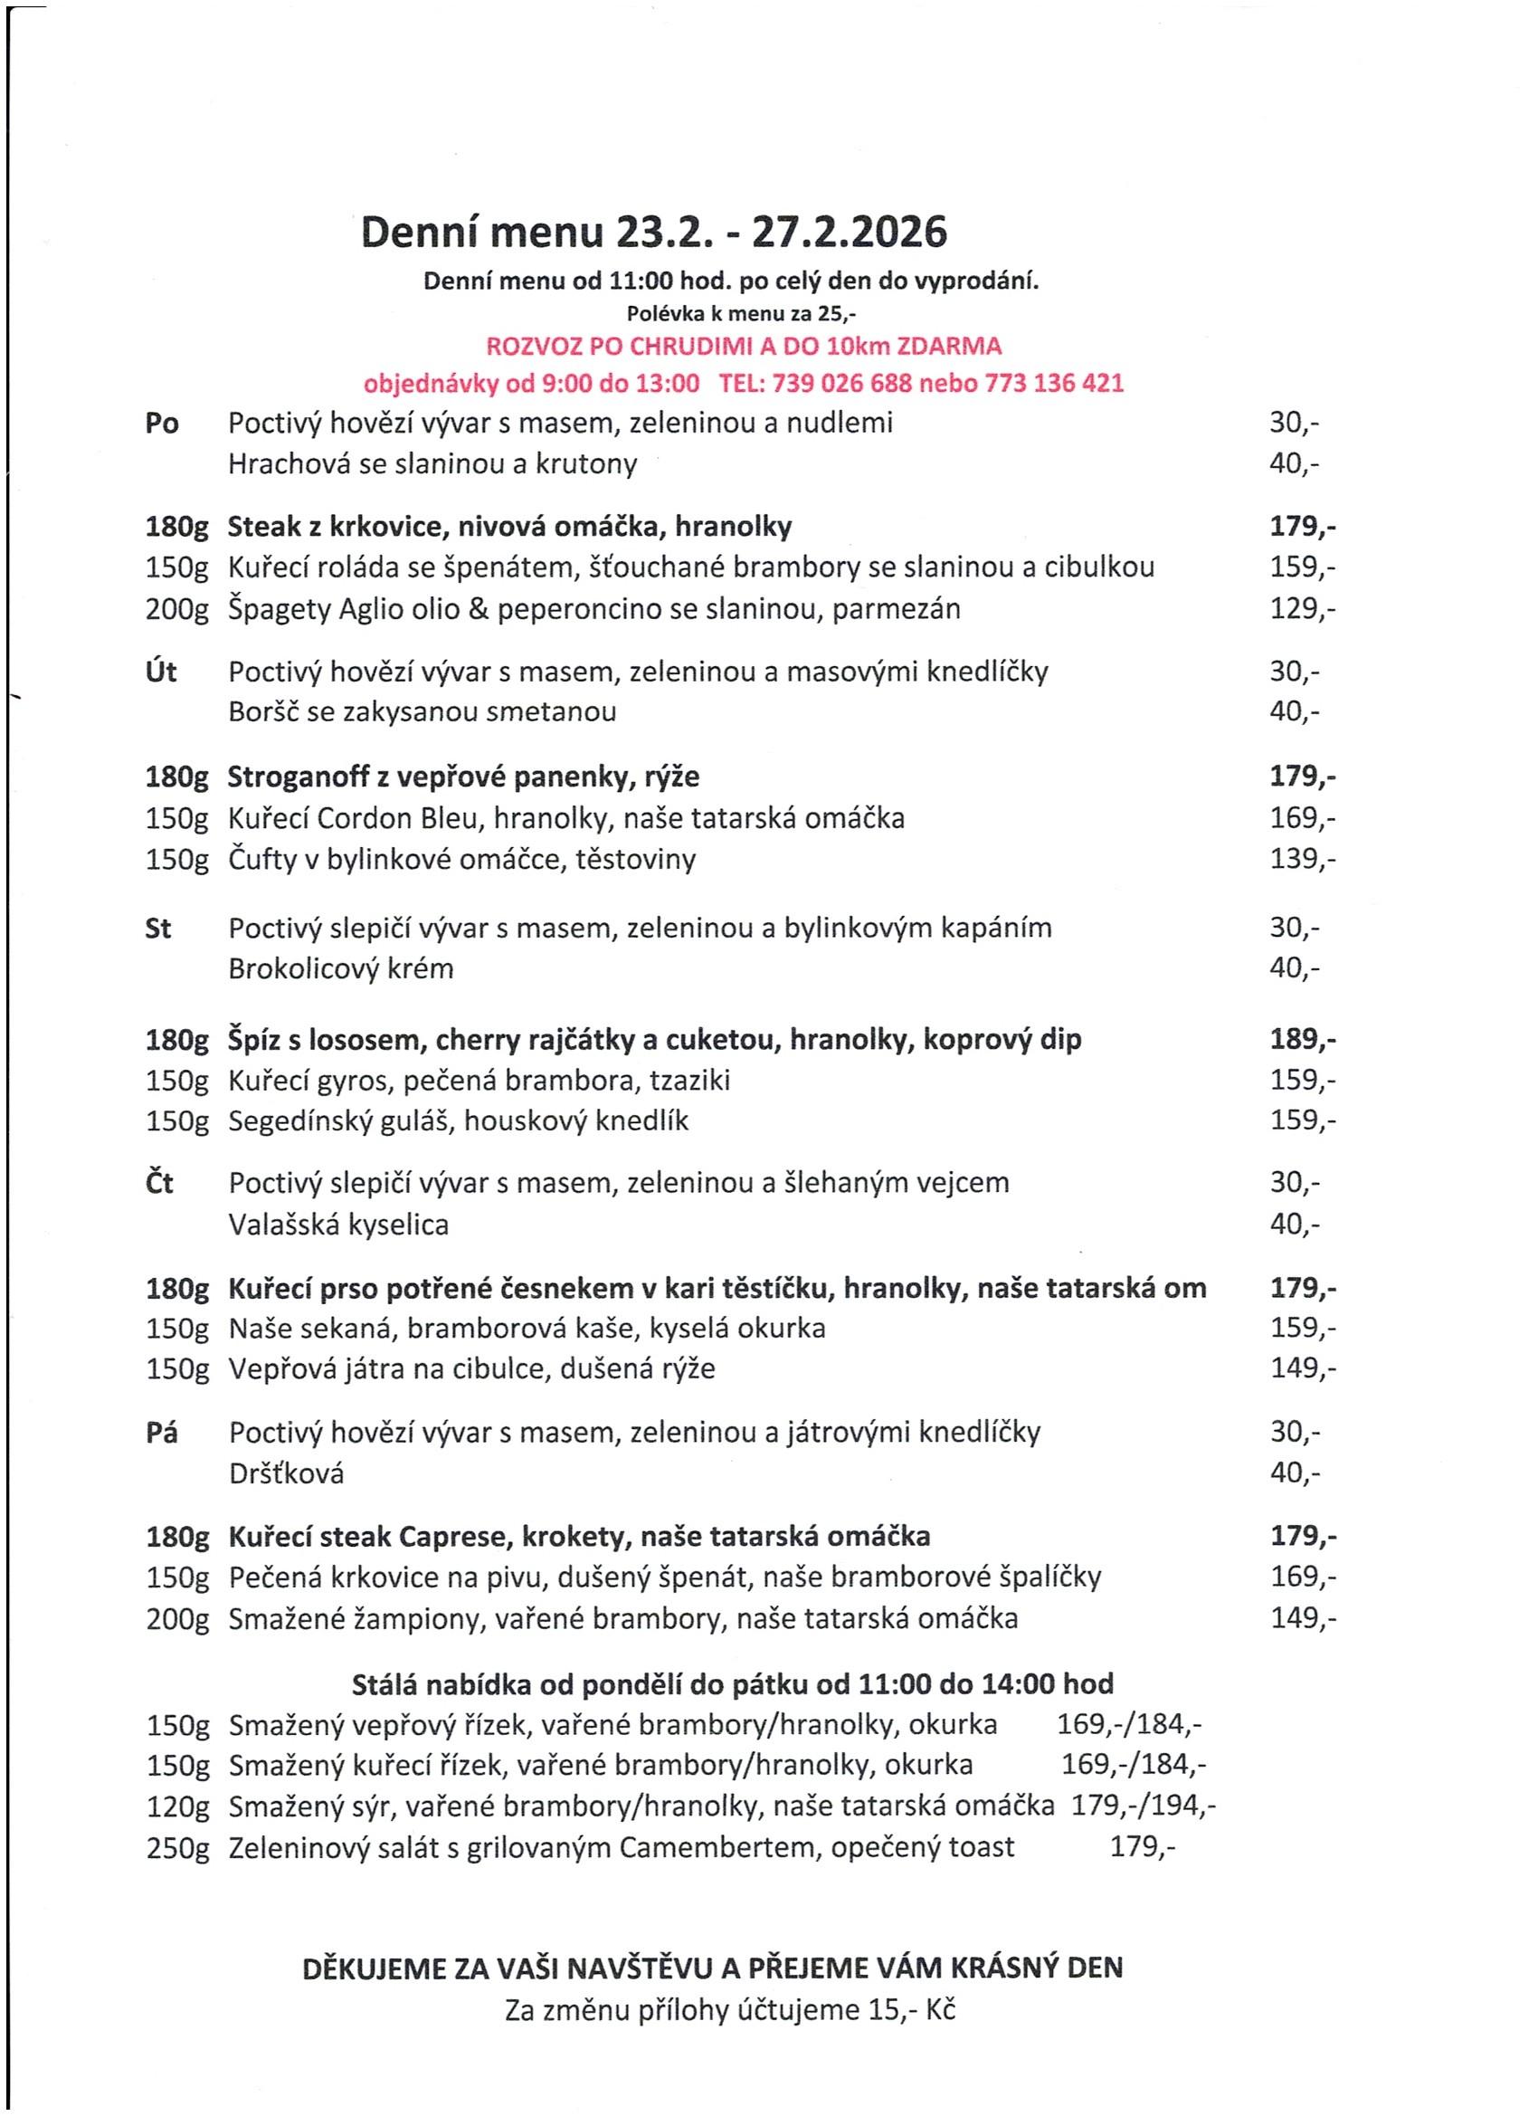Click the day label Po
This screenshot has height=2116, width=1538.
(161, 424)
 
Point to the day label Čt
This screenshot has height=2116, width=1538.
(159, 1183)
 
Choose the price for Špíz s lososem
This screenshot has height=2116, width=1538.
(1302, 1039)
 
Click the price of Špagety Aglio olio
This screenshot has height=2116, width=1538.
(1302, 609)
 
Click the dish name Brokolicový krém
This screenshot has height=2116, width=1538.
(340, 968)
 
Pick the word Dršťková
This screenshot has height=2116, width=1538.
(286, 1474)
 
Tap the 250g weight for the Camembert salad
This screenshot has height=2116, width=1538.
(177, 1848)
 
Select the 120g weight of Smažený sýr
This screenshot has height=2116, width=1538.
(177, 1807)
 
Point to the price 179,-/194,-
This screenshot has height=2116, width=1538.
(1144, 1806)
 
